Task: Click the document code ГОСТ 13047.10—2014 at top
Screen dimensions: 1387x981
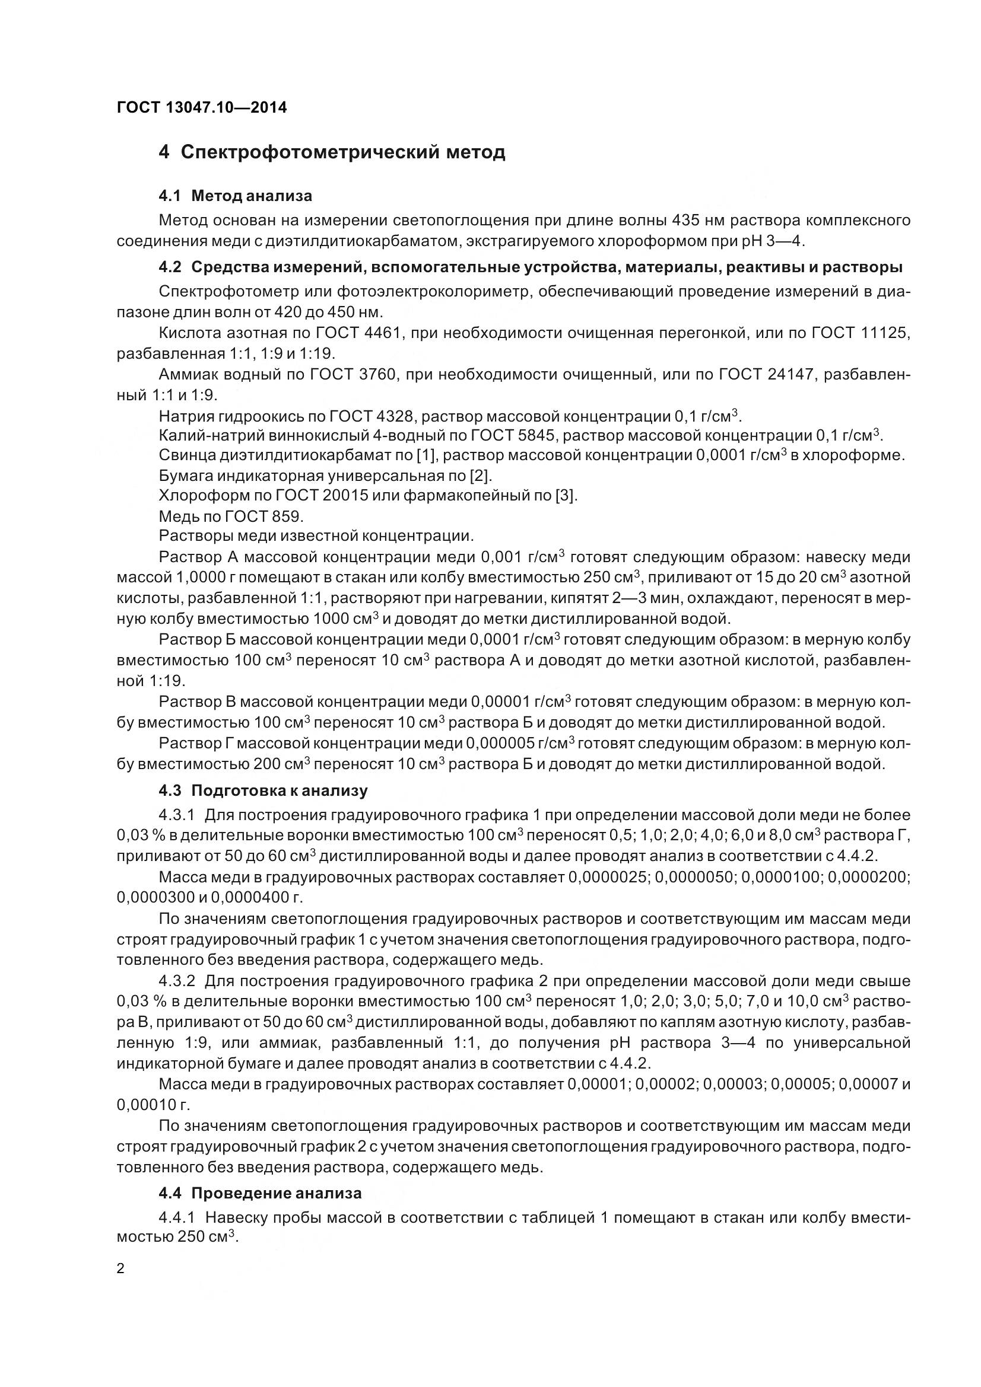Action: click(201, 107)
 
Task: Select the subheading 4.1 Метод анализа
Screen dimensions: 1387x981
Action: click(235, 196)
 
